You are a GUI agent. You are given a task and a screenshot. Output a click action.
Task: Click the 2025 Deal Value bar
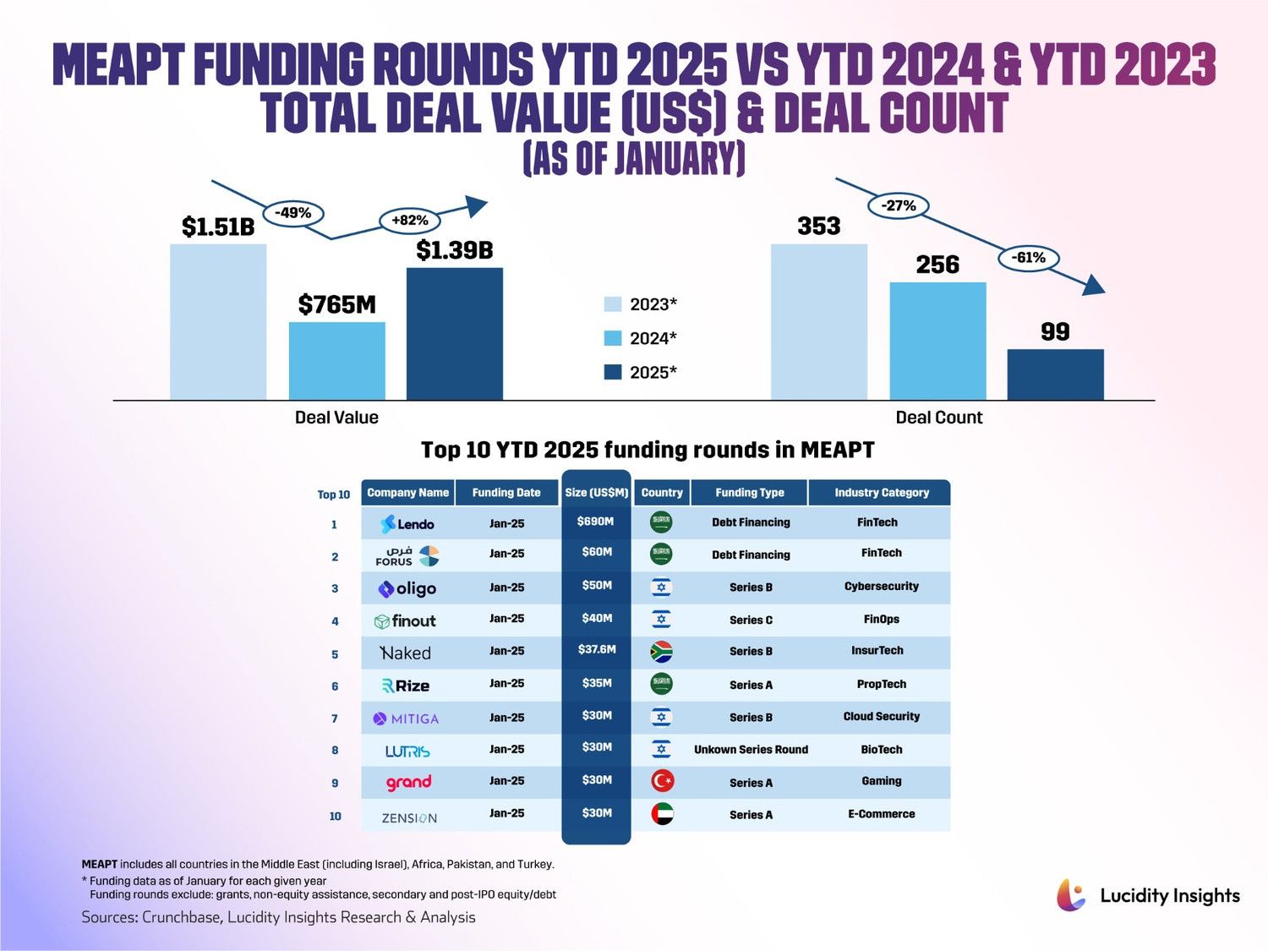[455, 334]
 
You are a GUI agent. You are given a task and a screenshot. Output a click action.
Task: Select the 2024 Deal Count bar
[937, 341]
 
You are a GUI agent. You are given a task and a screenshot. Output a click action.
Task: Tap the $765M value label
[336, 304]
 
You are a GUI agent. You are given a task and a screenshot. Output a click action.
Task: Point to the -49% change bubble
[292, 213]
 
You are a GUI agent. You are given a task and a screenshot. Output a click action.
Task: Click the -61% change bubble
[1028, 258]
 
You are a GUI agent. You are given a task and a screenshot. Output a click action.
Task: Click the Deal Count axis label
[938, 418]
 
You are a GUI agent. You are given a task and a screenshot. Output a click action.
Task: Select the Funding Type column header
[749, 493]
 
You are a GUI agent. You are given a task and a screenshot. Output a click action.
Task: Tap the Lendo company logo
[407, 524]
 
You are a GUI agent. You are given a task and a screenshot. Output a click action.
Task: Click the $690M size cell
[596, 522]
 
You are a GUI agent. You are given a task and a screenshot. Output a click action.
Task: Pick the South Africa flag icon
[661, 652]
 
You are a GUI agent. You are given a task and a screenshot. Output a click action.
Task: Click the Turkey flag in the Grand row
[662, 781]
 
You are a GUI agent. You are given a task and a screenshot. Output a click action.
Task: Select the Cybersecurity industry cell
[881, 586]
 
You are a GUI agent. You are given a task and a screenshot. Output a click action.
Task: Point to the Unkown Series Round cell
[751, 750]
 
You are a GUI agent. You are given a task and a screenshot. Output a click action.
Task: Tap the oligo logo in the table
[407, 589]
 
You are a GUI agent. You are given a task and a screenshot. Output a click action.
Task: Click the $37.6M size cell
[596, 650]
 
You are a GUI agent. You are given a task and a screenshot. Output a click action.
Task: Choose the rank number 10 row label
[336, 817]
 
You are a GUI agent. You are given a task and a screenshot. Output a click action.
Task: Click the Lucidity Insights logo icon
[1071, 895]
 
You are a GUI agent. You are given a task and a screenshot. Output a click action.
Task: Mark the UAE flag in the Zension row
[662, 814]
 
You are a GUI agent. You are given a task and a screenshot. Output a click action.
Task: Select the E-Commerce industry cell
[881, 814]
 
